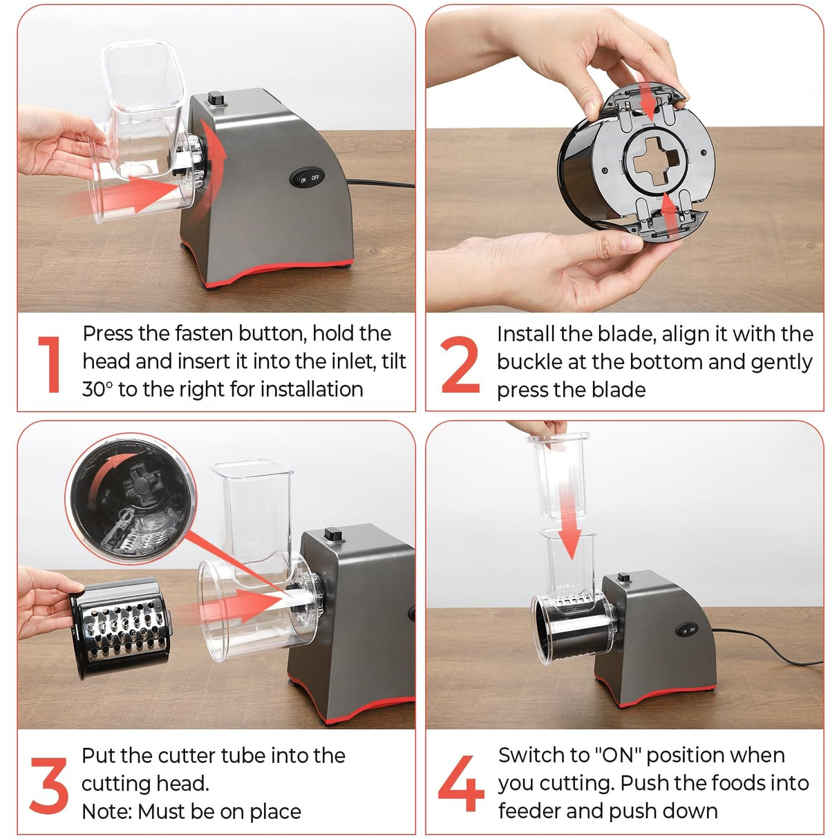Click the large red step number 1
50,364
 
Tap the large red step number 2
460,364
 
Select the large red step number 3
49,785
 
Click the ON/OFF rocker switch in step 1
307,178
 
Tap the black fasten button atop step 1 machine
216,98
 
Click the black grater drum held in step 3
121,628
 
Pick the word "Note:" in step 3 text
106,811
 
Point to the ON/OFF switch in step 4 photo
687,630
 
